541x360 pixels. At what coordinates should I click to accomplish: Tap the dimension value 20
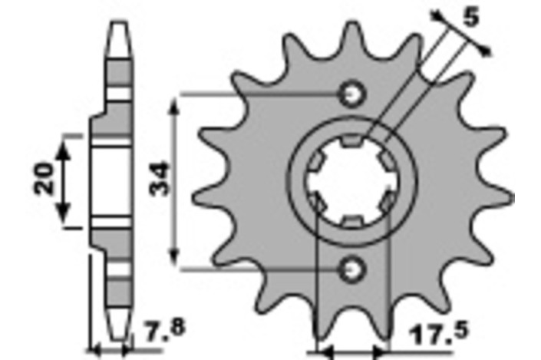tap(45, 178)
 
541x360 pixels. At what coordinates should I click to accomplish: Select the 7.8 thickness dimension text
tap(164, 329)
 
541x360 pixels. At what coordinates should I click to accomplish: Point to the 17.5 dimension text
tap(439, 332)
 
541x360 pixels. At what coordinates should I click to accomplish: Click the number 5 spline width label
tap(471, 17)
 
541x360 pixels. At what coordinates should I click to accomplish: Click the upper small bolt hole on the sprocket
tap(352, 94)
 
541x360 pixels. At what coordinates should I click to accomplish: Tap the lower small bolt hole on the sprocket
tap(352, 269)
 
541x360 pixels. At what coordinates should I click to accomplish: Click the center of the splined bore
tap(353, 181)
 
